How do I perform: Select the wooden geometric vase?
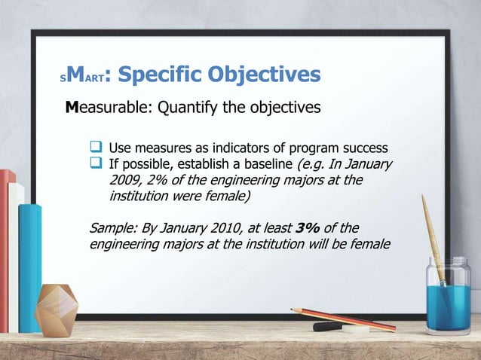point(57,310)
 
